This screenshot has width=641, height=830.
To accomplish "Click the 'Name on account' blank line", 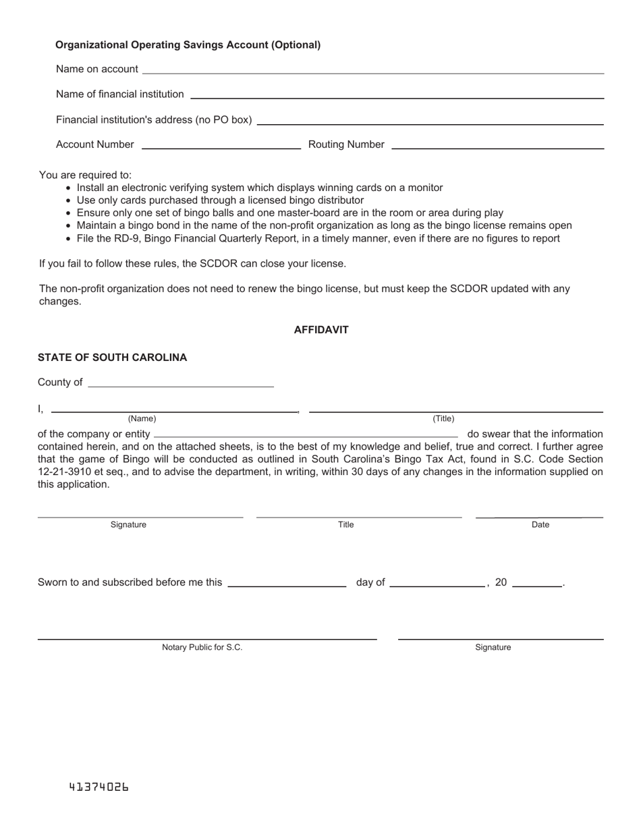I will [x=373, y=72].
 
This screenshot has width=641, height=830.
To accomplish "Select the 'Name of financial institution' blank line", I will [x=397, y=98].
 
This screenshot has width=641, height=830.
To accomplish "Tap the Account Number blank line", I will [x=221, y=148].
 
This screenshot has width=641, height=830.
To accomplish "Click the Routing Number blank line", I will [x=497, y=148].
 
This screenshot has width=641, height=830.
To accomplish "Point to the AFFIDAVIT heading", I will [x=321, y=330].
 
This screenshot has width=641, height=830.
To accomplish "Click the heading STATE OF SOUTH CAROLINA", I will [x=112, y=358].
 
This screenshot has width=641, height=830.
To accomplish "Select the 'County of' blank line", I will [x=181, y=386].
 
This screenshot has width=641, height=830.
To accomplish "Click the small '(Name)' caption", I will [x=142, y=418].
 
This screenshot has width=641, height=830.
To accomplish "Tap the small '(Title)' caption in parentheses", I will [x=443, y=418].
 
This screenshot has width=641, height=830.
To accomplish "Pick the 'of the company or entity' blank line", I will [x=306, y=437].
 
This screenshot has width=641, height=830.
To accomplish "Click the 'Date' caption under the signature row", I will [x=540, y=524].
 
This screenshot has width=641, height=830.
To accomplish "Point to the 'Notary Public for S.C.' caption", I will [x=202, y=647].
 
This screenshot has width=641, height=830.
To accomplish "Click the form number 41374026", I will [x=99, y=787].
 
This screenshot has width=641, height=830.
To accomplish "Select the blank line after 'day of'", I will [x=437, y=586].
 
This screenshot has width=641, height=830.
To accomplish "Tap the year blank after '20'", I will [x=537, y=586].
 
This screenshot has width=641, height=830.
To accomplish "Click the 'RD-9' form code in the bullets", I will [x=116, y=238].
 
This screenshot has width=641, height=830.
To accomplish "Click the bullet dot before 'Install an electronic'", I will [x=69, y=188].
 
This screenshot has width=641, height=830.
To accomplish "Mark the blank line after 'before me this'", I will [x=287, y=586].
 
